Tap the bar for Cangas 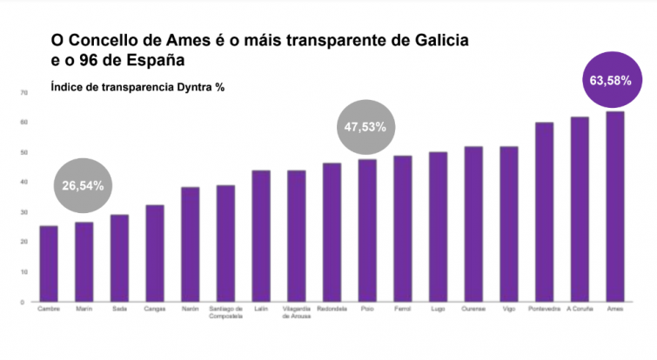point(155,253)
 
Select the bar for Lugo point(438,227)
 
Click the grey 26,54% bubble point(84,184)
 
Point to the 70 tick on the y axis point(24,91)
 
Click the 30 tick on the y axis point(24,212)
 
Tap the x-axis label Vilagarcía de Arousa point(296,314)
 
